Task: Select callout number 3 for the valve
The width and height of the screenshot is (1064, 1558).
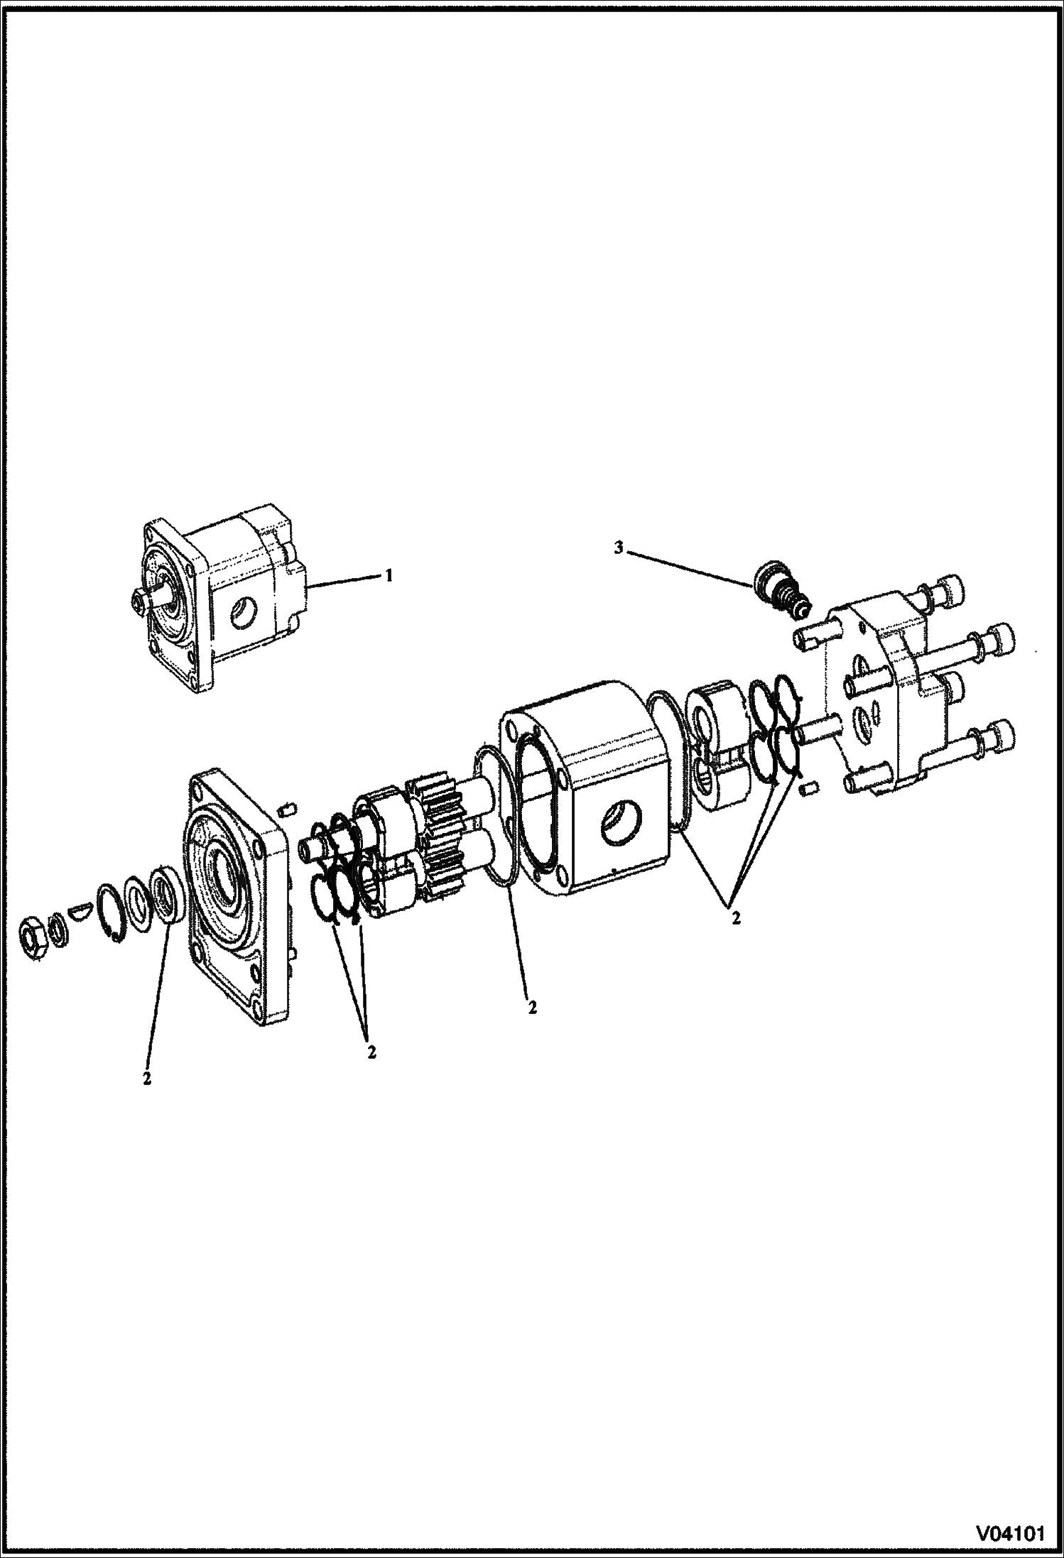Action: (x=619, y=549)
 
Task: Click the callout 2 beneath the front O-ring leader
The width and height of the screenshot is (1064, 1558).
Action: (x=532, y=1008)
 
